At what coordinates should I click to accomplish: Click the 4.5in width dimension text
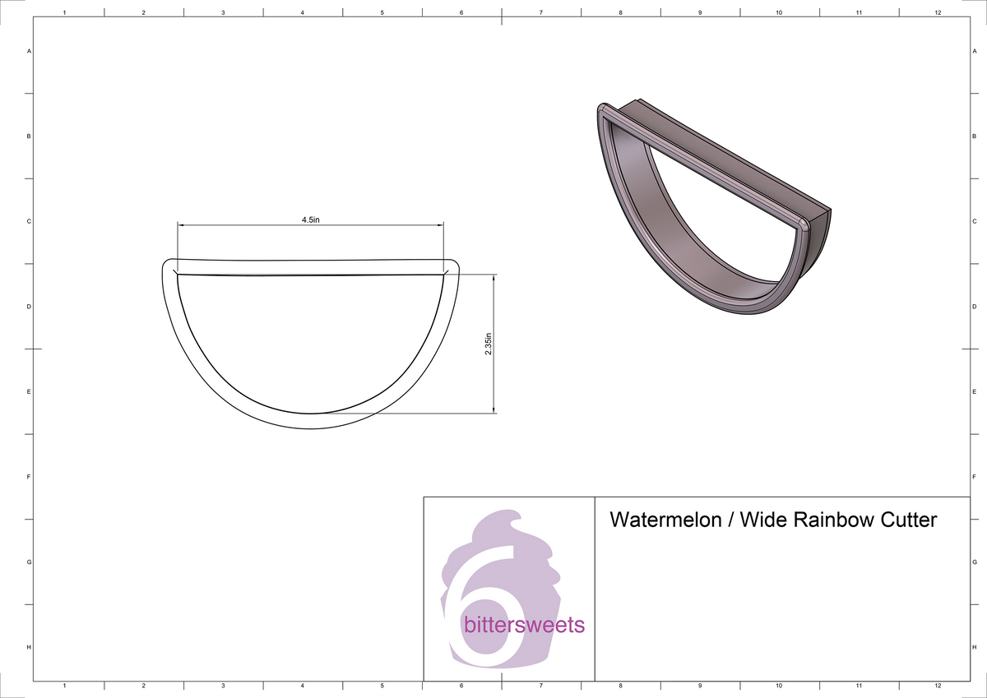pyautogui.click(x=310, y=220)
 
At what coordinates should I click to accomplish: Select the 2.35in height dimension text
pyautogui.click(x=489, y=344)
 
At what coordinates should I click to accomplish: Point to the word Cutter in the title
pyautogui.click(x=909, y=520)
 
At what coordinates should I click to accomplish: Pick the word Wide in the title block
pyautogui.click(x=765, y=520)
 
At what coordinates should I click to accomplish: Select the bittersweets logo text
pyautogui.click(x=524, y=625)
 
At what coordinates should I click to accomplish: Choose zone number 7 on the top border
pyautogui.click(x=540, y=13)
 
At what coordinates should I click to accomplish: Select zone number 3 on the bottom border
pyautogui.click(x=223, y=685)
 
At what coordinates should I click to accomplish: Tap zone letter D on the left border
pyautogui.click(x=30, y=307)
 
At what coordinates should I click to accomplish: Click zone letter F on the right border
pyautogui.click(x=974, y=477)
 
